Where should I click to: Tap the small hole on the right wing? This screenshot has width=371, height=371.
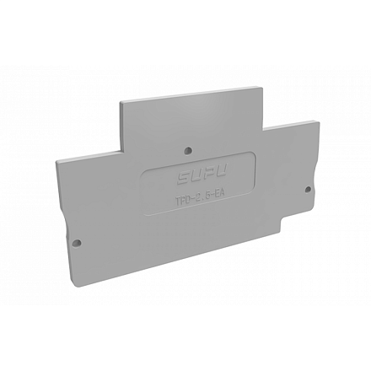click(x=307, y=189)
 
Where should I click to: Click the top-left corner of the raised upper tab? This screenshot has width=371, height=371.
click(x=120, y=103)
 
